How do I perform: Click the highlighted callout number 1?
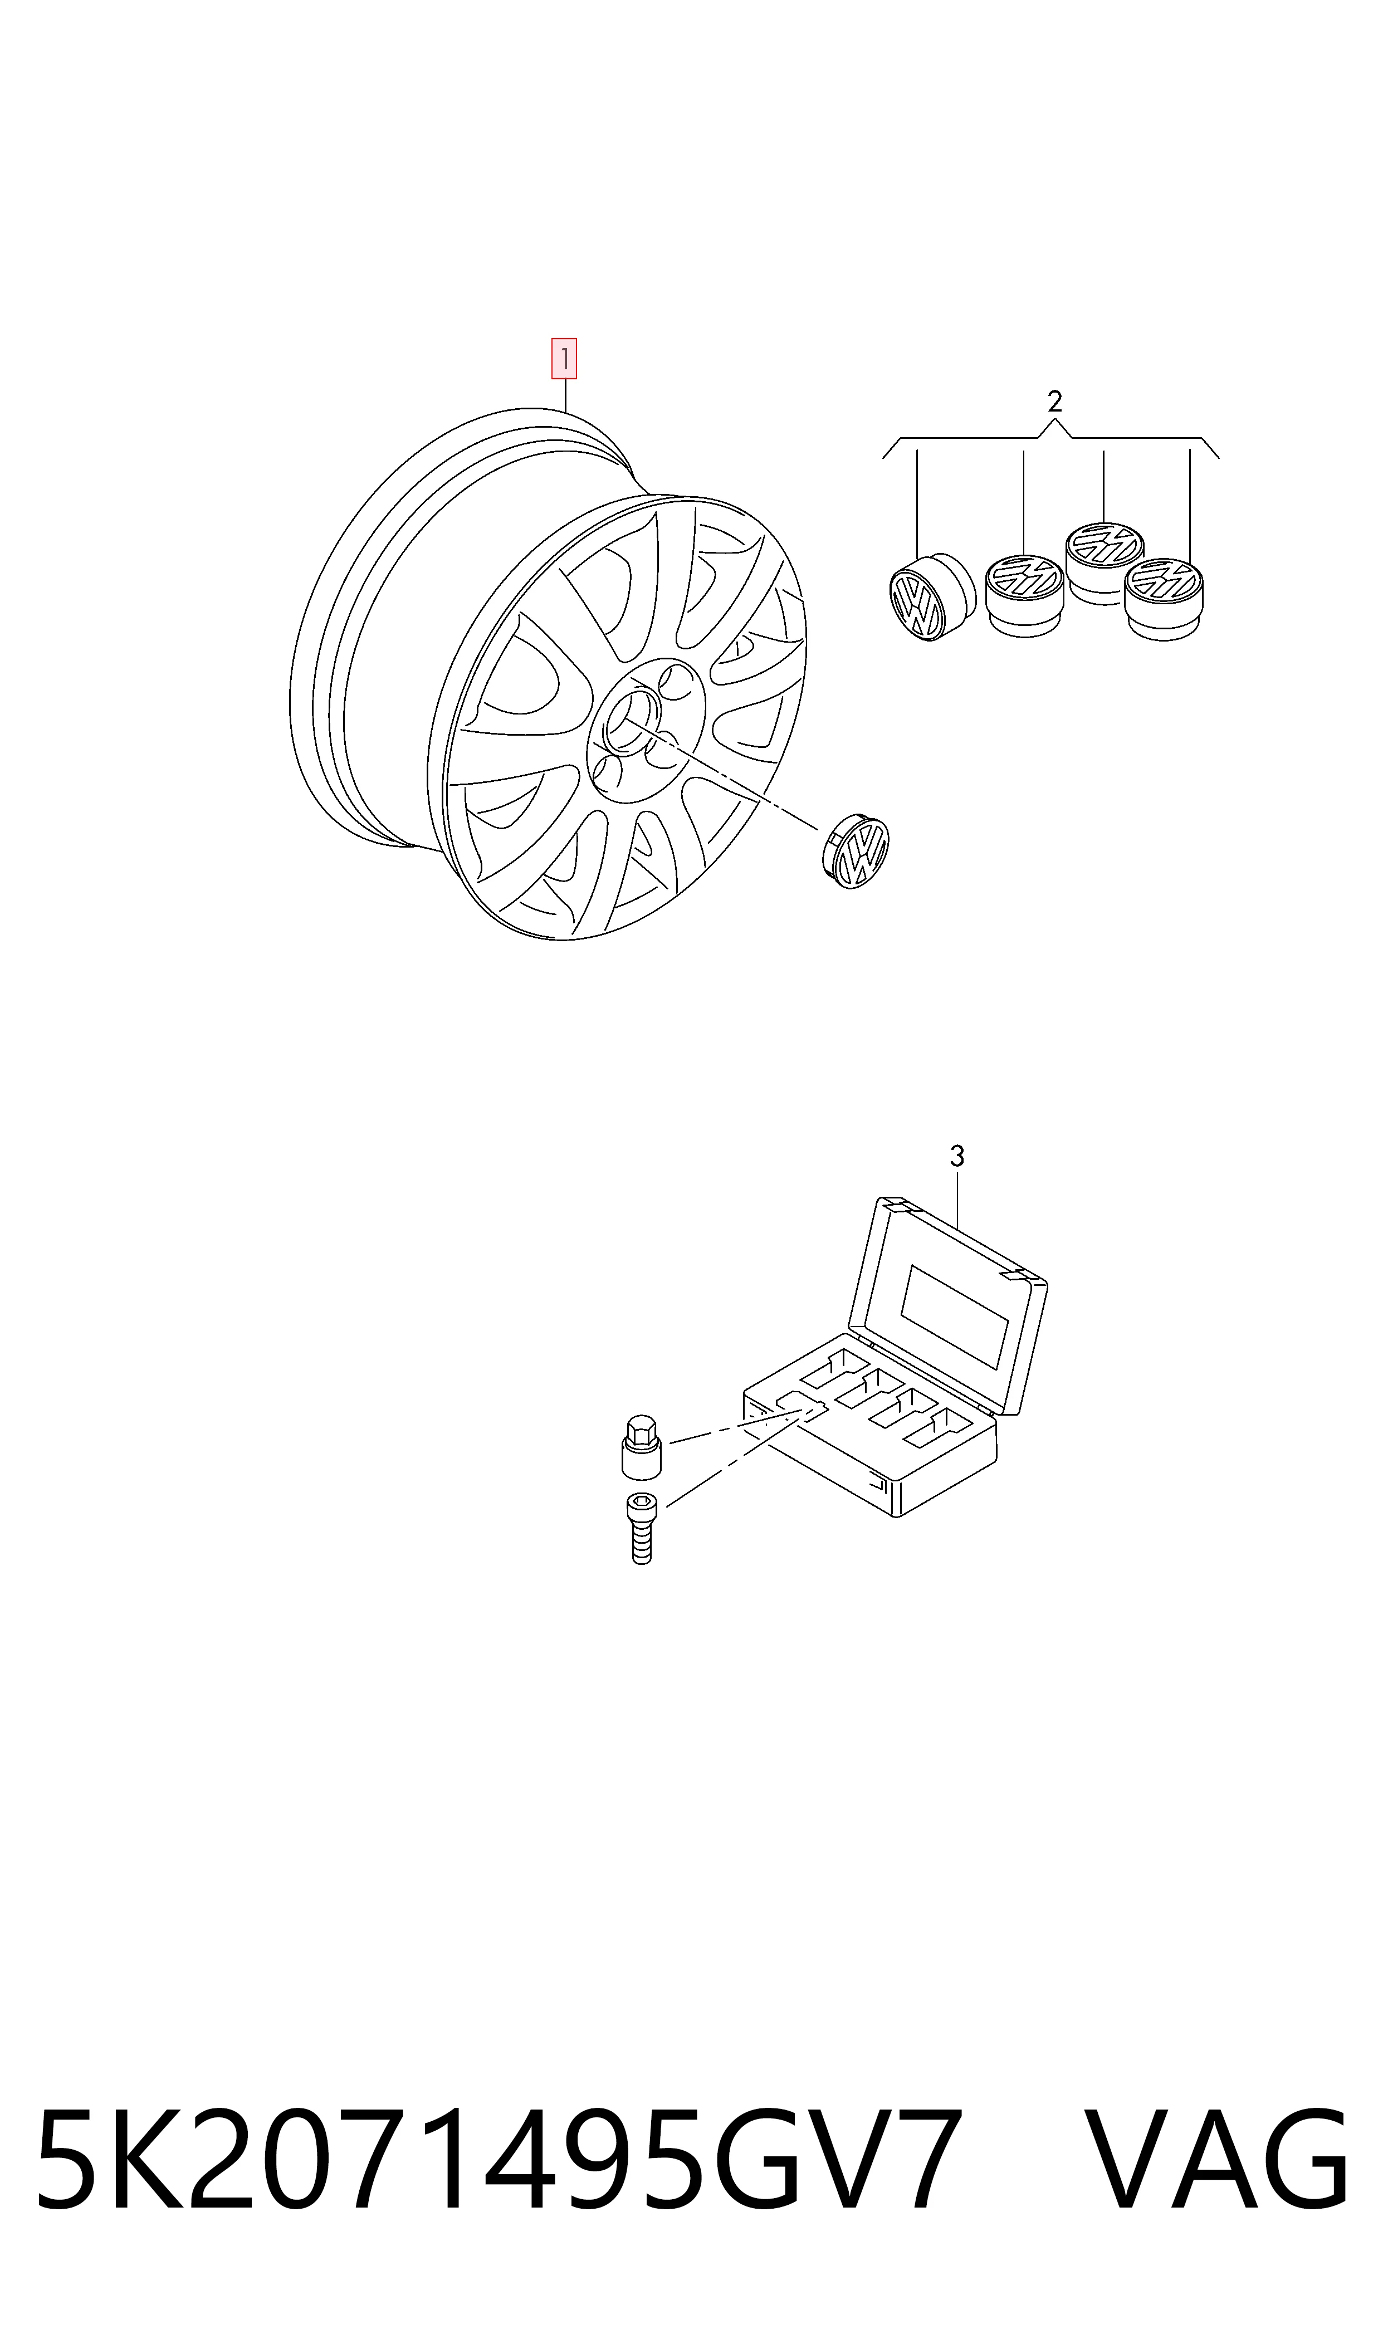coord(564,359)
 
